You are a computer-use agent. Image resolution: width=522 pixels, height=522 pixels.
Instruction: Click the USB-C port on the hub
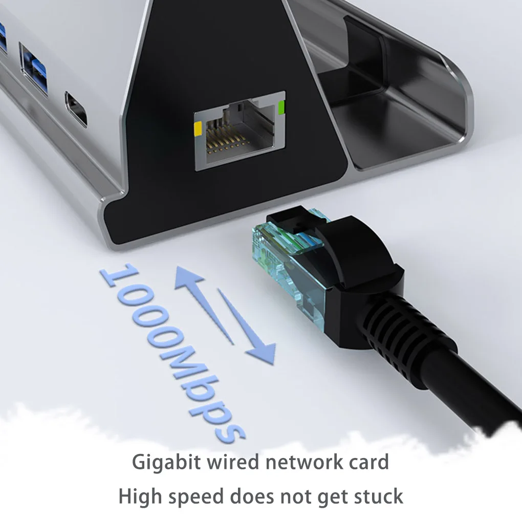coord(76,108)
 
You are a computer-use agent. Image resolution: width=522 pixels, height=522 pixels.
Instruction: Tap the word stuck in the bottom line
coord(378,496)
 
